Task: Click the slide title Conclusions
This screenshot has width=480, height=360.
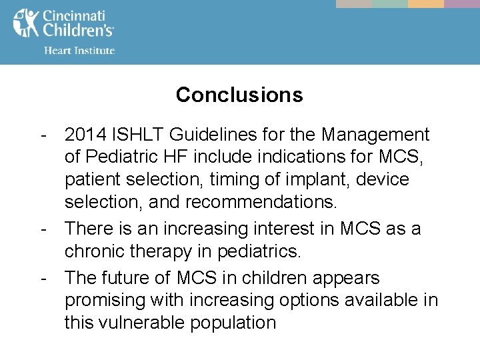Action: click(x=239, y=95)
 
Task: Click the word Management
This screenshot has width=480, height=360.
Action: click(x=375, y=135)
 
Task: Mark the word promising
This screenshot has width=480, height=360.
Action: click(x=107, y=300)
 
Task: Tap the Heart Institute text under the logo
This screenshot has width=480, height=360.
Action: click(x=79, y=50)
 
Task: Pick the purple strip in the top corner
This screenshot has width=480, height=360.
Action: click(x=462, y=3)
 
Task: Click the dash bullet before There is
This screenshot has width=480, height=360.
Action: click(x=43, y=229)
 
